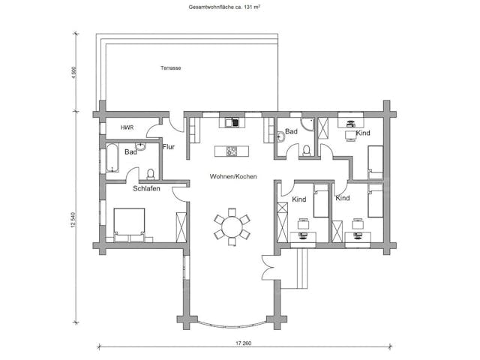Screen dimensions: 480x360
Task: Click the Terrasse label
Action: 170,68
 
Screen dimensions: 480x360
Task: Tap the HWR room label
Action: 127,127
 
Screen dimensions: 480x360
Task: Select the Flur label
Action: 168,147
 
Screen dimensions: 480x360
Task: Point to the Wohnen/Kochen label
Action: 233,177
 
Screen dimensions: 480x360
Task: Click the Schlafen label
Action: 146,188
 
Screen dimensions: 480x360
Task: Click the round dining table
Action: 232,226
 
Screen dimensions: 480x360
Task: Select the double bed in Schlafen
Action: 129,225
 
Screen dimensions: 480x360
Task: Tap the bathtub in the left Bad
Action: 112,157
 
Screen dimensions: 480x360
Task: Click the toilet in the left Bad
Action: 150,174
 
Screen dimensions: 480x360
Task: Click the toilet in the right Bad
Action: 306,151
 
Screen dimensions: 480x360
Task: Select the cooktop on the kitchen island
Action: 232,151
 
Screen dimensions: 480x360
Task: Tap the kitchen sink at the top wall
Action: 232,123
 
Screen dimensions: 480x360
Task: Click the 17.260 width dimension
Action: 244,343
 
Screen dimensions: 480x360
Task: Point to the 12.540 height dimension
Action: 73,220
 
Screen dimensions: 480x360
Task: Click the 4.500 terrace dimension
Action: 73,73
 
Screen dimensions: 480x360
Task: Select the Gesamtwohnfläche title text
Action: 224,7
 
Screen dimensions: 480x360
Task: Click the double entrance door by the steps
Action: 268,268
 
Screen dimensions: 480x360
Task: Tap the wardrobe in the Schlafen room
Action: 181,226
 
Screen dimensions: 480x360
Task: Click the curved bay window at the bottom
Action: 232,325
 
